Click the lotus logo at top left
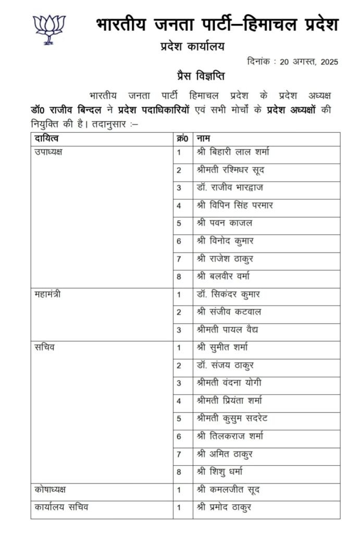click(x=49, y=29)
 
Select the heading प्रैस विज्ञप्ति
click(x=200, y=76)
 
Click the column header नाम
click(x=203, y=138)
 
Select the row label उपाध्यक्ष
click(x=49, y=153)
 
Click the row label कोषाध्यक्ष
click(x=51, y=490)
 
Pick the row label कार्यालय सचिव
click(x=58, y=507)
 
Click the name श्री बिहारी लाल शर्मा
click(x=233, y=153)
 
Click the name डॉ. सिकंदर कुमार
click(x=228, y=295)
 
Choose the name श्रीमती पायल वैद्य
click(x=228, y=330)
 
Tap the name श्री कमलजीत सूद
click(x=228, y=490)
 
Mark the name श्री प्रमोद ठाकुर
click(x=224, y=507)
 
